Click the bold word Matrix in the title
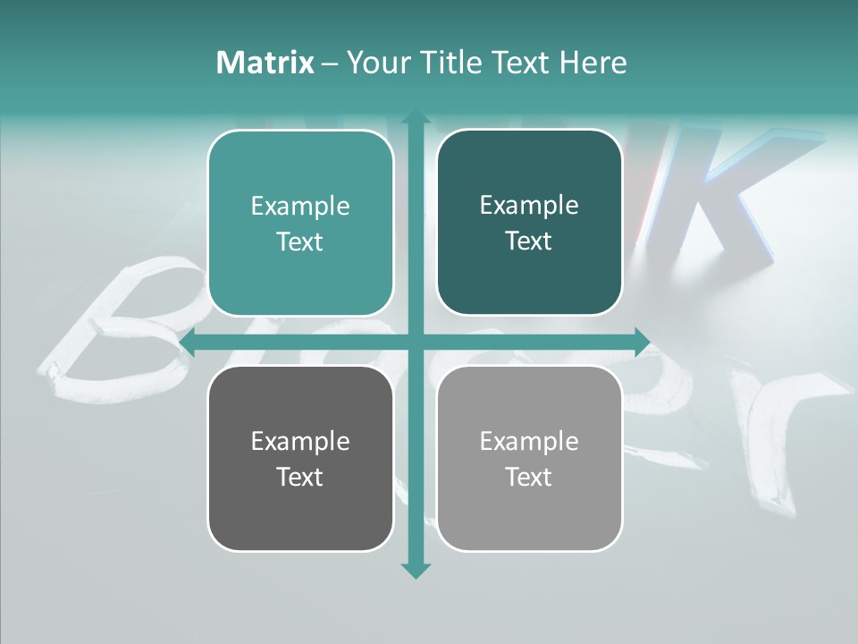pyautogui.click(x=265, y=63)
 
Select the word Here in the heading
pyautogui.click(x=593, y=63)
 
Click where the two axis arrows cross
pyautogui.click(x=415, y=342)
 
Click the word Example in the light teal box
pyautogui.click(x=300, y=207)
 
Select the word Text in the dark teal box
pyautogui.click(x=529, y=241)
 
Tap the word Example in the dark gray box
pyautogui.click(x=300, y=441)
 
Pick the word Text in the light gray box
pyautogui.click(x=529, y=477)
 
